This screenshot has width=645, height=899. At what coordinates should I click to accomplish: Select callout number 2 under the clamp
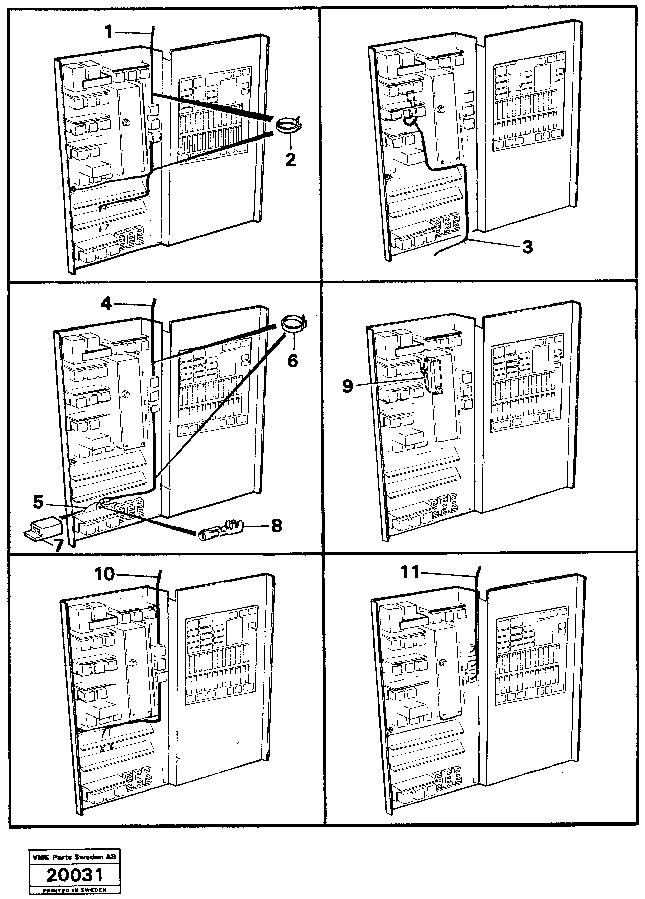pos(291,160)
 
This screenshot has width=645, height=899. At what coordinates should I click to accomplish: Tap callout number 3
pos(527,247)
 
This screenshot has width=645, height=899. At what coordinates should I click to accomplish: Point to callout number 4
pos(106,304)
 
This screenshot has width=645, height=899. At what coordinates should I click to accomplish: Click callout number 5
pos(38,502)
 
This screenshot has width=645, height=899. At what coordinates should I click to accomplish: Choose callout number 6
pos(292,360)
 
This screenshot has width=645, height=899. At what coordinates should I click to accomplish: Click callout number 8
pos(276,526)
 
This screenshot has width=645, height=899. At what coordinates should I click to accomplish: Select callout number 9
pos(347,386)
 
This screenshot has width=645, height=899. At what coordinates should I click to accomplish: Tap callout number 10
pos(104,574)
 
